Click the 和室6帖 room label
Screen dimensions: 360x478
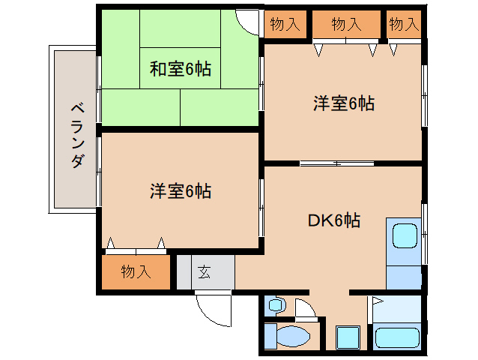pos(180,70)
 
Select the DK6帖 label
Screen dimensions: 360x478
pos(334,220)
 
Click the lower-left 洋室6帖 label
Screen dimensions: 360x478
pos(180,191)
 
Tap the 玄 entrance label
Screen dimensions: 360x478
pos(205,272)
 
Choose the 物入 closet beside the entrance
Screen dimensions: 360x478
pos(136,272)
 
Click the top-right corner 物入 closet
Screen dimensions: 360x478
pos(404,24)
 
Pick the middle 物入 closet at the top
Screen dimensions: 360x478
pos(346,24)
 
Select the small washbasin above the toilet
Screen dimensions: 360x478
pos(276,305)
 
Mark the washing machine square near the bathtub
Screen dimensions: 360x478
pos(348,337)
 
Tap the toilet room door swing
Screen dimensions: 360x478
pos(308,309)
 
